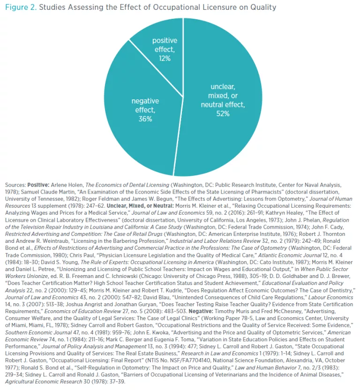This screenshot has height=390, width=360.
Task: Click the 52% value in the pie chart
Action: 223,113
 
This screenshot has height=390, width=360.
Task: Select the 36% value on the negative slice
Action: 145,119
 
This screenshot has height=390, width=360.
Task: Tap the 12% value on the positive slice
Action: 165,59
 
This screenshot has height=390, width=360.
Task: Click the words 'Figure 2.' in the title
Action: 20,7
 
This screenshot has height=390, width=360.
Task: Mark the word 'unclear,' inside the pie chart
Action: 223,87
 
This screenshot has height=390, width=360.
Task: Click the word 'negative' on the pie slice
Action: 145,101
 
